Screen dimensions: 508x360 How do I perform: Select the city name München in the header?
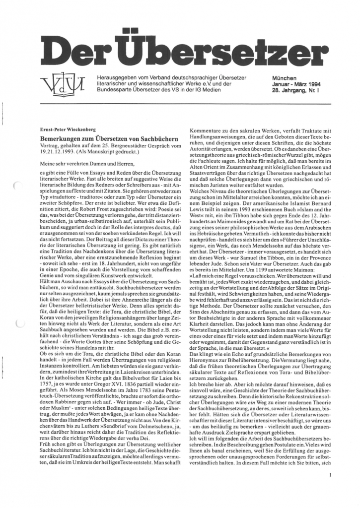[x=285, y=78]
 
